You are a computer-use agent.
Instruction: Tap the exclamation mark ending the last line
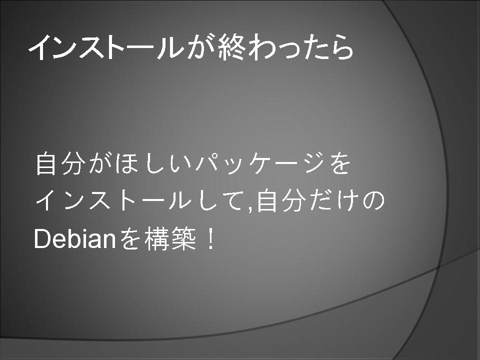210,239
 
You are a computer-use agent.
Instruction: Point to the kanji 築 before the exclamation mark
183,239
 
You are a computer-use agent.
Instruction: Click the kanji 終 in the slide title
231,47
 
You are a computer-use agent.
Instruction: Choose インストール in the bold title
106,47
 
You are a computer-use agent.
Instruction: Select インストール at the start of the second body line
113,201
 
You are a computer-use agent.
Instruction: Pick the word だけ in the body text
334,201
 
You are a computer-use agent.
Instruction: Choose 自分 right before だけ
281,201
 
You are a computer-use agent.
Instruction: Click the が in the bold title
200,47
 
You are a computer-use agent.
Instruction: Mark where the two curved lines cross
438,267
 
